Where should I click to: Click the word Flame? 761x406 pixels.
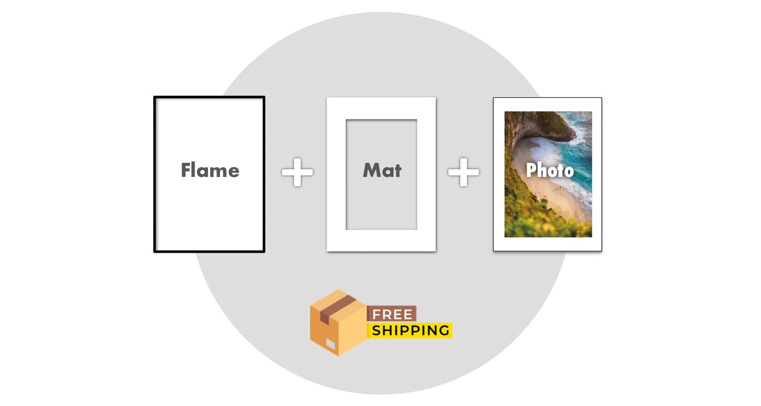210,170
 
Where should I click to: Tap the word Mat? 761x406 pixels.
382,170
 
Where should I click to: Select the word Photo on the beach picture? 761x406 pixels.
549,170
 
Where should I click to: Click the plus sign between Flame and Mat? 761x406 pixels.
297,172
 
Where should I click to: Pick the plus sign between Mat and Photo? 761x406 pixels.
463,172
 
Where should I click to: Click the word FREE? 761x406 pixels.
392,314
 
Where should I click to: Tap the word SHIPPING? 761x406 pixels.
410,331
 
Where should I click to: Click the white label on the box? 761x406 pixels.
330,345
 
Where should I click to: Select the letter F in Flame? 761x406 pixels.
186,170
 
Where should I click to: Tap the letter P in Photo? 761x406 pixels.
531,171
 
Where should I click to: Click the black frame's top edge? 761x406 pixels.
210,97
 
